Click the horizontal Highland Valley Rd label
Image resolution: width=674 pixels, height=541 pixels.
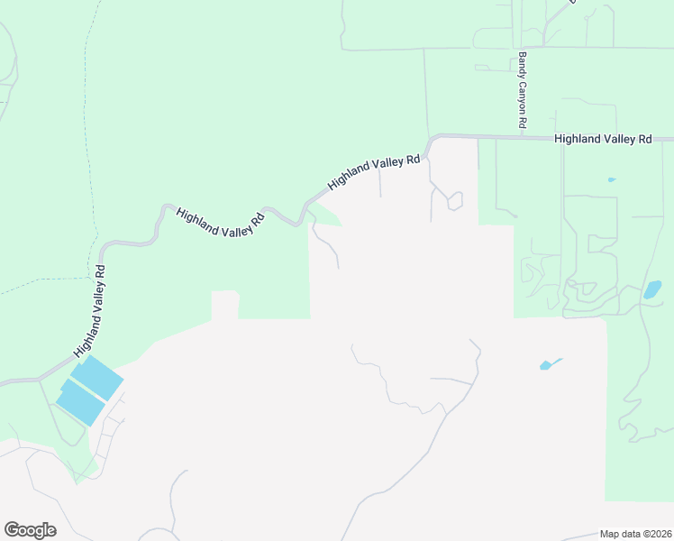[x=603, y=140]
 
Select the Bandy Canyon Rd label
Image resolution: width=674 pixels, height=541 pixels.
[x=522, y=89]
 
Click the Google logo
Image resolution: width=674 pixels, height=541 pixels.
[x=30, y=530]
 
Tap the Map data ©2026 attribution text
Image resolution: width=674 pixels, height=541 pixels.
[x=635, y=534]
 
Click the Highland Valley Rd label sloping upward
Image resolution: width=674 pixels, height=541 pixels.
[x=374, y=172]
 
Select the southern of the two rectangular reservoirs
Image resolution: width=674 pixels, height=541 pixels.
[x=79, y=402]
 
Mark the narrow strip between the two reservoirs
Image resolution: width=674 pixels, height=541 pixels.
[x=88, y=390]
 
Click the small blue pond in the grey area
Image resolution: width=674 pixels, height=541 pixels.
[x=548, y=364]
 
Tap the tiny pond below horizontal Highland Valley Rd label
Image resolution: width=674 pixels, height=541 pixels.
[x=612, y=179]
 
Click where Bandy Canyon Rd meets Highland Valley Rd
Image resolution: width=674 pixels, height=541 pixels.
[x=522, y=138]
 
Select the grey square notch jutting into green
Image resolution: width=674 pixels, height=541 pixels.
[x=225, y=304]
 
